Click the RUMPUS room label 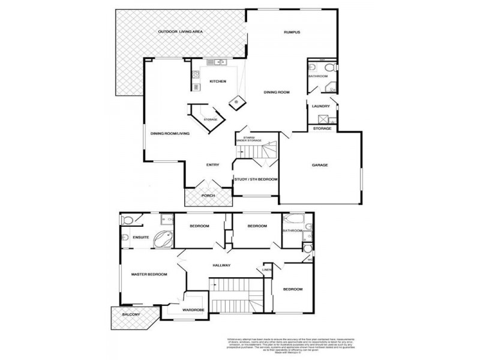click(x=292, y=32)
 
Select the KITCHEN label click(x=217, y=81)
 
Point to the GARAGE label click(x=319, y=165)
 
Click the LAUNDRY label click(x=321, y=107)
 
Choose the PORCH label click(x=208, y=196)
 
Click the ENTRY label click(x=212, y=165)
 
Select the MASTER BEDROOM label click(x=149, y=274)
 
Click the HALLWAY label click(x=221, y=265)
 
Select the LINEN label click(x=268, y=269)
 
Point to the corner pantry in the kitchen click(x=239, y=101)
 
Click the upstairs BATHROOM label click(x=292, y=230)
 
